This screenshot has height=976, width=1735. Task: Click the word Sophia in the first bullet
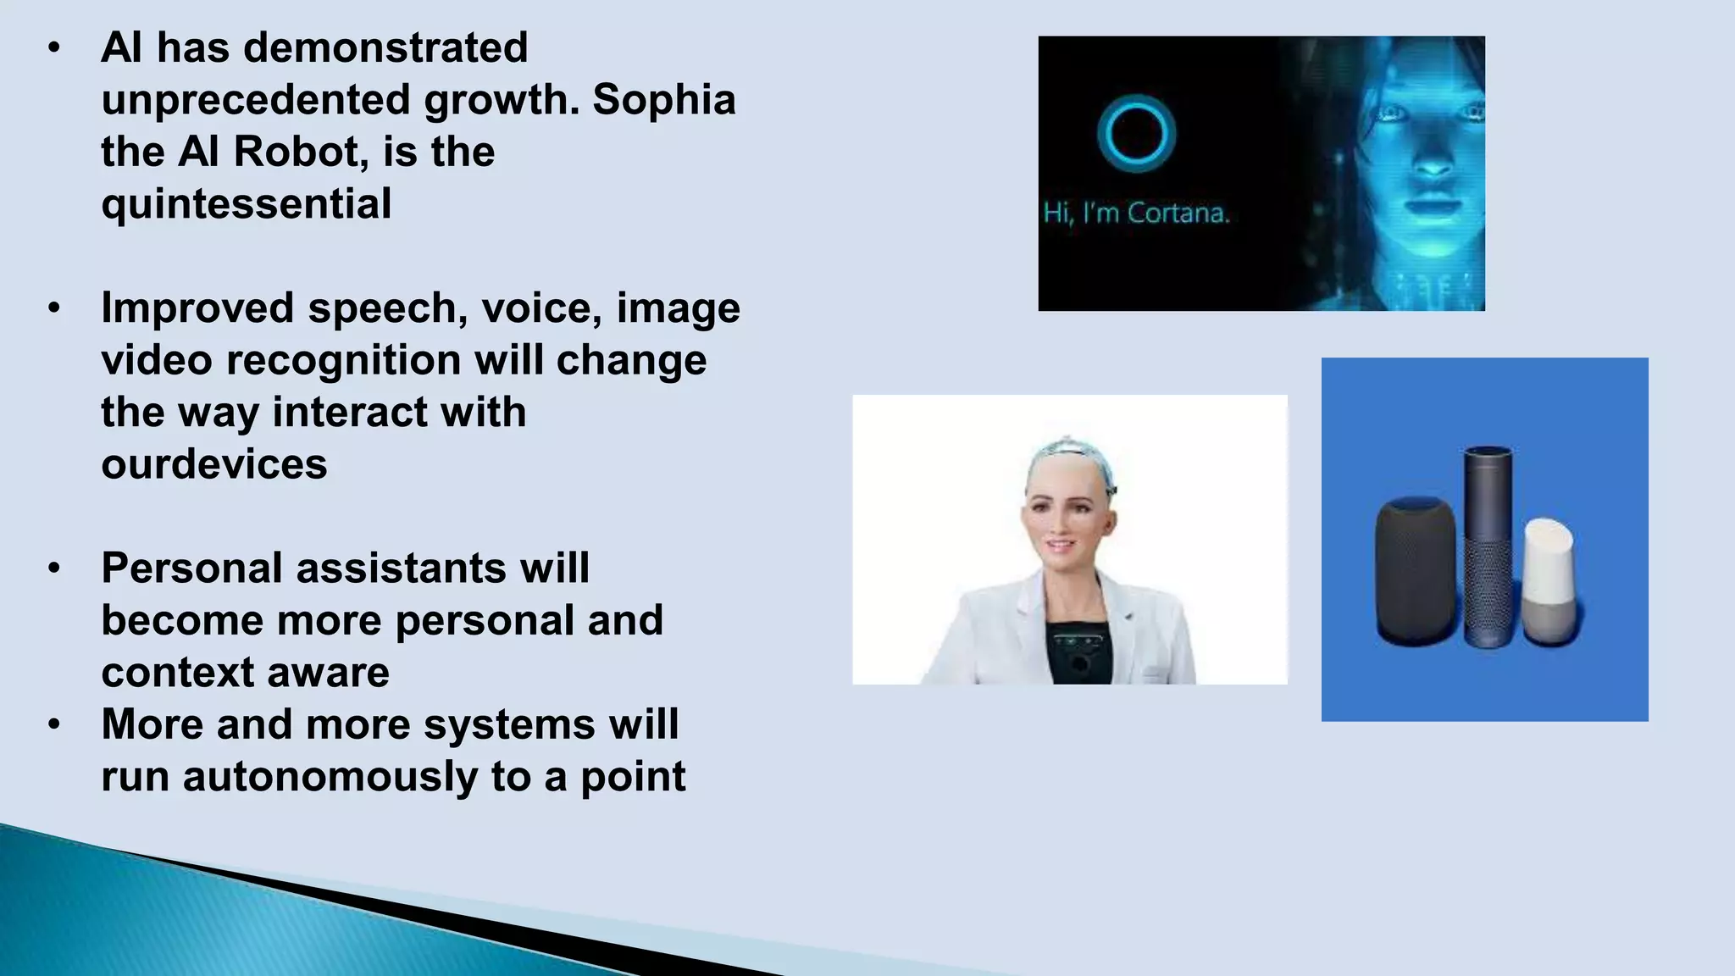(663, 100)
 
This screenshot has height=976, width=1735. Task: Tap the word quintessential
(247, 204)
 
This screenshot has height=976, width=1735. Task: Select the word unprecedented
(255, 100)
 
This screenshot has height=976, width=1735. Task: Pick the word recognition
(342, 360)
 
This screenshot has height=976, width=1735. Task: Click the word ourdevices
(214, 464)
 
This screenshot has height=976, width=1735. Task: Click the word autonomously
(330, 777)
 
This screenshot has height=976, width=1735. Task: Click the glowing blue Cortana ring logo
(1136, 133)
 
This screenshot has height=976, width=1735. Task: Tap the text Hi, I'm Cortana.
(1136, 212)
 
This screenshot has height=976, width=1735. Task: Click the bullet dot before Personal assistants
(54, 568)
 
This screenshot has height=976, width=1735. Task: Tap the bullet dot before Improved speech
(54, 308)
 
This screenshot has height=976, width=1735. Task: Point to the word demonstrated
(385, 47)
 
